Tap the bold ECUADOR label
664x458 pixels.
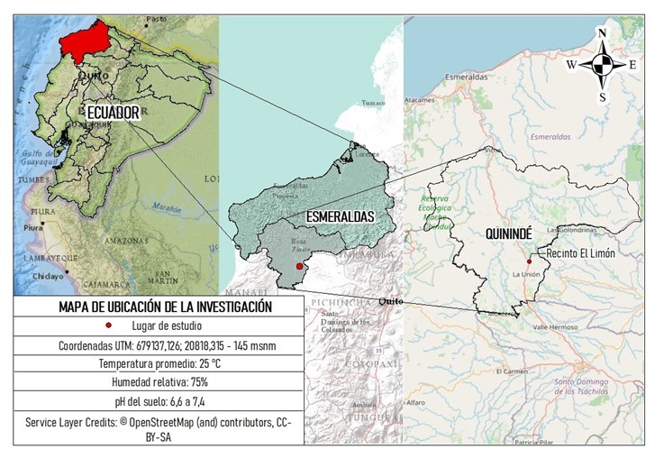pos(113,113)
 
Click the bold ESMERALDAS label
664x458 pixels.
pos(340,217)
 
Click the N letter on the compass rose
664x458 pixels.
pos(602,34)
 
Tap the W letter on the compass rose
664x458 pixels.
pos(571,65)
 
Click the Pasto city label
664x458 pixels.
pos(158,18)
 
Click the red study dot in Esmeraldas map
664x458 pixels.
pos(299,267)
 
